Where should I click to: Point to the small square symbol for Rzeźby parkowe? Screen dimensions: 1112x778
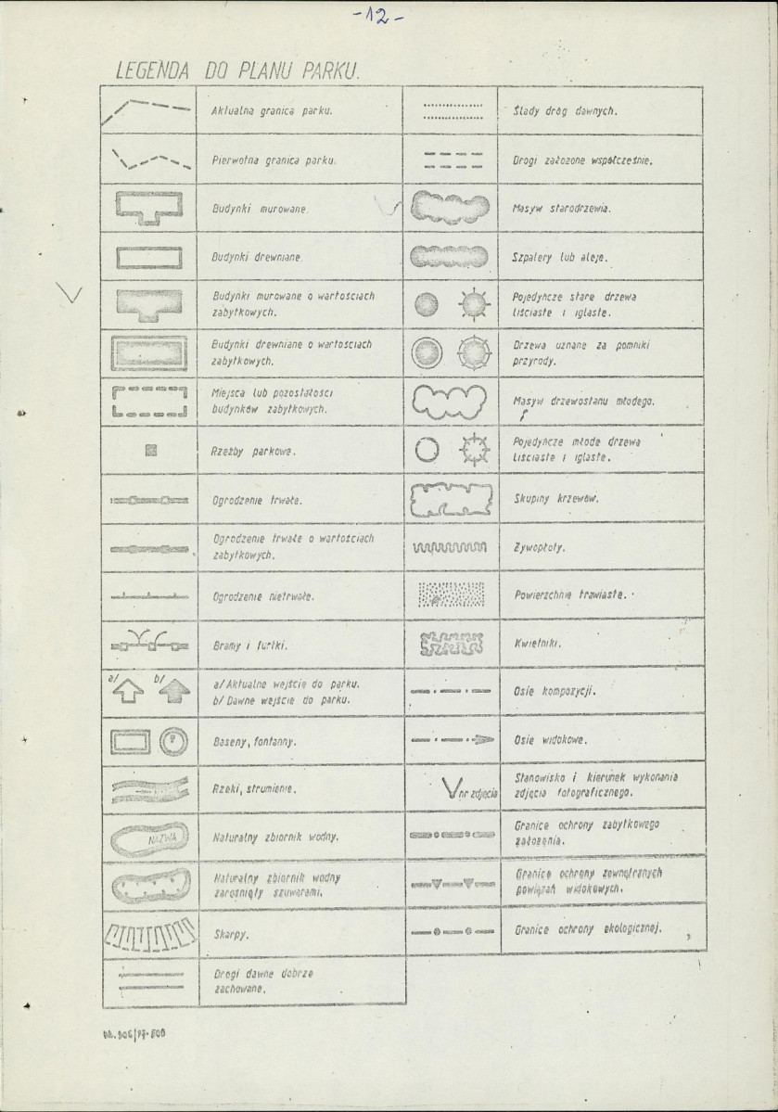click(x=149, y=452)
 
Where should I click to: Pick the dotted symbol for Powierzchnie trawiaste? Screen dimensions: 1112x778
click(x=449, y=594)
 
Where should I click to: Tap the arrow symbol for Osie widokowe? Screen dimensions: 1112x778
click(x=449, y=740)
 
